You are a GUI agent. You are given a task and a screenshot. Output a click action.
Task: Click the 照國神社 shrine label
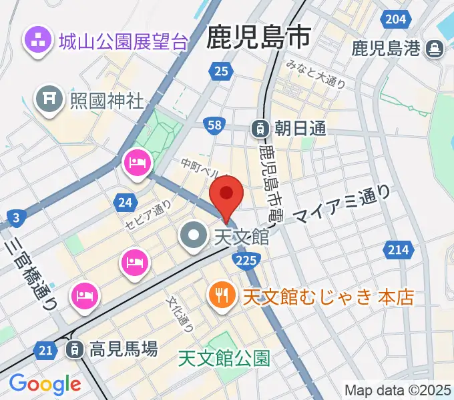[x=107, y=101]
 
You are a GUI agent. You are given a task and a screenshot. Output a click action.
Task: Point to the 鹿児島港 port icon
[x=435, y=49]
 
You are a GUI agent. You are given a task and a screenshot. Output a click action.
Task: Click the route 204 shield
[x=397, y=19]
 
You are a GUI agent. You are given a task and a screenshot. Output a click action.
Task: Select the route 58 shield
[x=214, y=125]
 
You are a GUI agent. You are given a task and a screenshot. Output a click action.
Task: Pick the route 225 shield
[x=246, y=259]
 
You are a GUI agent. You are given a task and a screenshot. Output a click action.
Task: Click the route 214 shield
[x=397, y=249]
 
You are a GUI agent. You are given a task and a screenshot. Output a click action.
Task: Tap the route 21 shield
[x=46, y=350]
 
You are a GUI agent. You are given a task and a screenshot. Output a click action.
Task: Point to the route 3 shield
[x=16, y=216]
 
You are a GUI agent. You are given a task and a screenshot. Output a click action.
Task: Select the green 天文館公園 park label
[x=224, y=359]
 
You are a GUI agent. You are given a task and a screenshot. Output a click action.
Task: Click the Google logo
[x=45, y=384]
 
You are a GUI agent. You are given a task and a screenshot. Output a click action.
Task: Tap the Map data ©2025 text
[x=397, y=389]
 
